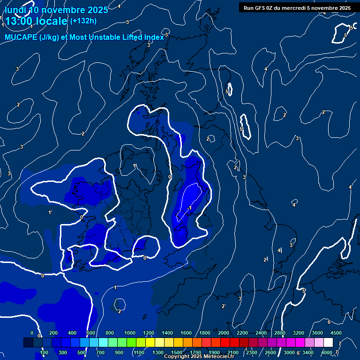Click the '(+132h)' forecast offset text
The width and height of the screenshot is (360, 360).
pyautogui.click(x=83, y=21)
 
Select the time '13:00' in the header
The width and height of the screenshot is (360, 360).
pyautogui.click(x=19, y=21)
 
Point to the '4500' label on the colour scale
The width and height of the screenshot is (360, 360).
pyautogui.click(x=336, y=333)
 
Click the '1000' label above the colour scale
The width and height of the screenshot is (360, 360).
pyautogui.click(x=130, y=333)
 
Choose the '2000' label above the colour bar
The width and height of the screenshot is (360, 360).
pyautogui.click(x=224, y=333)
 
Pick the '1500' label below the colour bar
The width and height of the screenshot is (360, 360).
pyautogui.click(x=177, y=352)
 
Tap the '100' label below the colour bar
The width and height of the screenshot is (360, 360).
pyautogui.click(x=44, y=352)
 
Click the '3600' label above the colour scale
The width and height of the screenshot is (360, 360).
pyautogui.click(x=317, y=333)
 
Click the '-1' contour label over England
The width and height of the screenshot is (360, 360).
pyautogui.click(x=189, y=208)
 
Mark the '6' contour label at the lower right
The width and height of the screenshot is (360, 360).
pyautogui.click(x=329, y=322)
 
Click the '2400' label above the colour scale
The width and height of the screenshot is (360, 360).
pyautogui.click(x=261, y=333)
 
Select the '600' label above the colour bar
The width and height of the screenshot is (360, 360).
pyautogui.click(x=91, y=333)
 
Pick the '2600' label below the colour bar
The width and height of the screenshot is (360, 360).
pyautogui.click(x=270, y=352)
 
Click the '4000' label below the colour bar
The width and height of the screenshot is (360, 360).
pyautogui.click(x=327, y=352)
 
